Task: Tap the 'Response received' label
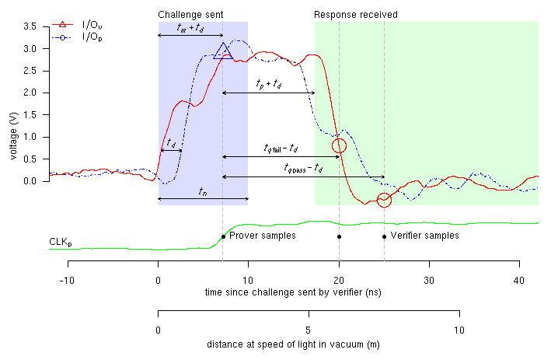coord(356,15)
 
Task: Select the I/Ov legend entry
coord(98,26)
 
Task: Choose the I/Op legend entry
coord(98,37)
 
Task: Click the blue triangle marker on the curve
coord(223,52)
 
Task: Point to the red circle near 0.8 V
coord(339,145)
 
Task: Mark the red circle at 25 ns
coord(384,200)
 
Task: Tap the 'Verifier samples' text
coord(424,235)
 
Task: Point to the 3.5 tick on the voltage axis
coord(31,26)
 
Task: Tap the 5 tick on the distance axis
coord(309,329)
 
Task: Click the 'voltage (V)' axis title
coord(12,136)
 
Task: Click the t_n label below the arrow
coord(202,190)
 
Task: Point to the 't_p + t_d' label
coord(269,83)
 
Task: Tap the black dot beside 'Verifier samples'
coord(384,236)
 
